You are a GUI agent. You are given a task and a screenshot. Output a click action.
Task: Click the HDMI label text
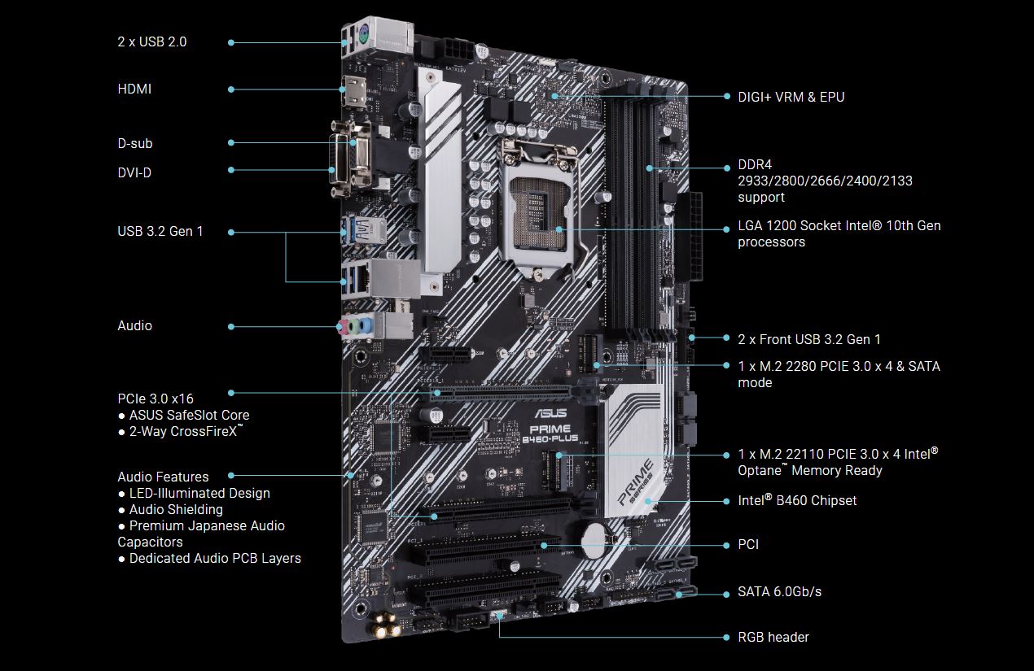click(134, 89)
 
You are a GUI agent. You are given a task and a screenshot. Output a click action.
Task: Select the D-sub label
click(135, 143)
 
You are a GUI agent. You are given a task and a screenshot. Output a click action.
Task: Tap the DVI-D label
click(134, 172)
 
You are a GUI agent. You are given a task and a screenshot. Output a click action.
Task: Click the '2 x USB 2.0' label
click(152, 42)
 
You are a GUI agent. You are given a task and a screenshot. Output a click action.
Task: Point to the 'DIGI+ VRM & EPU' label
click(791, 97)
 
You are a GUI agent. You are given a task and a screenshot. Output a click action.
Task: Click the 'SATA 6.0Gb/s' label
click(780, 591)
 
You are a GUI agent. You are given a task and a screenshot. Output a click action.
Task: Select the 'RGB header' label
click(773, 638)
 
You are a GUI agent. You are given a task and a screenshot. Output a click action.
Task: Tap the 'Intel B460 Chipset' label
click(797, 500)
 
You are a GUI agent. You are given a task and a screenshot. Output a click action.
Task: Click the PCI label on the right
click(748, 545)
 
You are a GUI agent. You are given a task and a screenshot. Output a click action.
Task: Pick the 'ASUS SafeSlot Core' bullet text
click(189, 415)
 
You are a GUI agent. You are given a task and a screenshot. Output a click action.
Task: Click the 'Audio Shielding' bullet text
click(176, 510)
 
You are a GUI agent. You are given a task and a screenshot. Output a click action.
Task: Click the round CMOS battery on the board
click(595, 538)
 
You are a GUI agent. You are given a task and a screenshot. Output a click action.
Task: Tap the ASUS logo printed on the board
click(550, 412)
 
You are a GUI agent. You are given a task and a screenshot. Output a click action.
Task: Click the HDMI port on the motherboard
click(354, 92)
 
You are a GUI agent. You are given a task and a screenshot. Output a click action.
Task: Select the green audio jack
click(354, 327)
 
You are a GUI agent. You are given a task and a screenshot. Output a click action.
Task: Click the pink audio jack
click(343, 327)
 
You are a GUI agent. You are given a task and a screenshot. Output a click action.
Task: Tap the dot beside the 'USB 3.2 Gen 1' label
click(231, 233)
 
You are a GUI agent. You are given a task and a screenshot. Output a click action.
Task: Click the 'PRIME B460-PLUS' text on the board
click(550, 434)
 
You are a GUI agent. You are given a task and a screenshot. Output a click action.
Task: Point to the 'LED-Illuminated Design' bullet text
click(199, 494)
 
